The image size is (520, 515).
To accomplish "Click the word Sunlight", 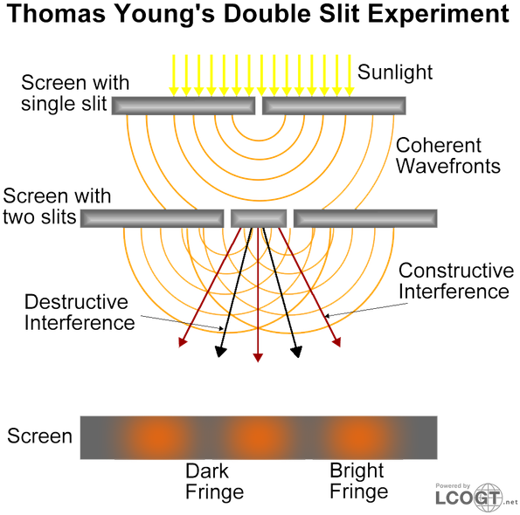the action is click(395, 72).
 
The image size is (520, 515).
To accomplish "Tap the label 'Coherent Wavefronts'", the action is click(448, 155).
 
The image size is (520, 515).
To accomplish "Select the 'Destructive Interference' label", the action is click(80, 312).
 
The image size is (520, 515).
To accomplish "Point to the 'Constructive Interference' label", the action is click(456, 280).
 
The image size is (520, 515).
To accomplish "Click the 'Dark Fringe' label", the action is click(215, 481).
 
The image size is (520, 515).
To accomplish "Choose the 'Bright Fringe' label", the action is click(358, 481).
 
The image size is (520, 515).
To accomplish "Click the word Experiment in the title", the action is click(439, 15).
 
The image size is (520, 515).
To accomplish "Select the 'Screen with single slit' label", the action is click(75, 93).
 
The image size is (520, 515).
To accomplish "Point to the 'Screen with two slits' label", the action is click(57, 206).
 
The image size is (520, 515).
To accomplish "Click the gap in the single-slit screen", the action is click(259, 106).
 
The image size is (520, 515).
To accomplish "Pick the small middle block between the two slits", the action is click(259, 218).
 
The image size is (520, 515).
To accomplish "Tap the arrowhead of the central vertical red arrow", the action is click(258, 358).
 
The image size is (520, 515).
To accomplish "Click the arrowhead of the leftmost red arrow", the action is click(182, 342).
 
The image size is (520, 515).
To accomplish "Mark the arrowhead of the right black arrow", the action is click(297, 352).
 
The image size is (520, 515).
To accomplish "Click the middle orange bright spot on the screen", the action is click(259, 437).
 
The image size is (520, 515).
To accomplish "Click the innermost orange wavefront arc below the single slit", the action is click(259, 141).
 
